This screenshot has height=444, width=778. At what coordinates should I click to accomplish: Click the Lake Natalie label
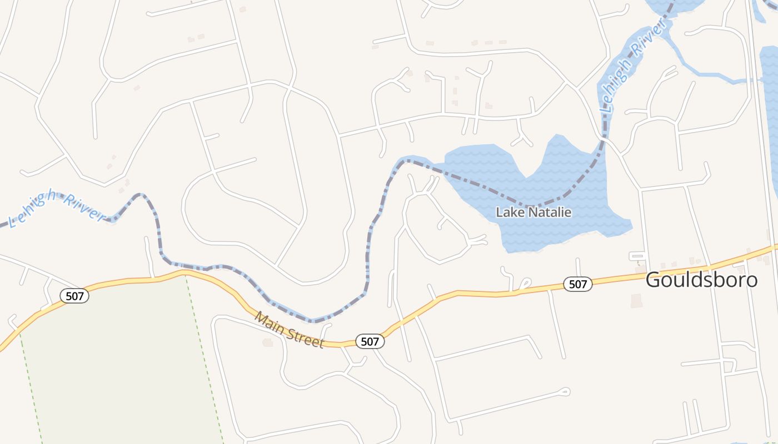click(x=533, y=213)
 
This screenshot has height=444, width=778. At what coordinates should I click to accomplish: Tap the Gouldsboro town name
click(x=701, y=280)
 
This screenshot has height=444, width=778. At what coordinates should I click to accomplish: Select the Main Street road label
click(x=289, y=330)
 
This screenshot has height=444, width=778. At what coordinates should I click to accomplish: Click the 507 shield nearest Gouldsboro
click(x=578, y=284)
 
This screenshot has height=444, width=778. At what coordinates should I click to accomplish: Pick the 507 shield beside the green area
click(x=74, y=296)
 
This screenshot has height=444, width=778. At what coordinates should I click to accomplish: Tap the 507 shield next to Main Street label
click(x=370, y=341)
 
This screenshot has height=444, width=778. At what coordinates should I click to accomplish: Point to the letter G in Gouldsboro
click(x=653, y=280)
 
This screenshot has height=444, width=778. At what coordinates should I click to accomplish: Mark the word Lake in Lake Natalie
click(x=506, y=213)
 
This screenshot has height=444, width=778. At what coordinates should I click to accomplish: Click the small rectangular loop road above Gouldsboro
click(x=637, y=256)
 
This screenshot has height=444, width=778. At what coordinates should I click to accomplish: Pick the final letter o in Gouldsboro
click(x=751, y=280)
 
